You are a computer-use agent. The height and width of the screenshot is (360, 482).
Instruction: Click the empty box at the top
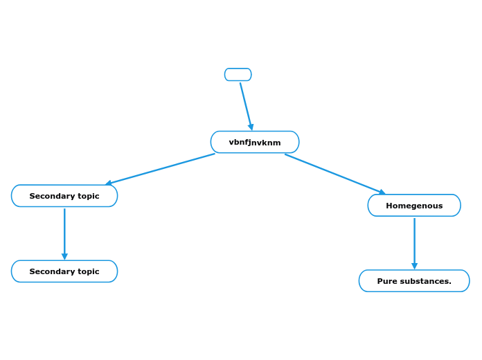point(238,74)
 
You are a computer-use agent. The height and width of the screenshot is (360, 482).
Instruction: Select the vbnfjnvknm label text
point(255,143)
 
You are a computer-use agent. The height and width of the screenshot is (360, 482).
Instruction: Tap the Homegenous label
point(414,206)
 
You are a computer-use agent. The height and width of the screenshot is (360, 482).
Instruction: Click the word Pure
point(388,281)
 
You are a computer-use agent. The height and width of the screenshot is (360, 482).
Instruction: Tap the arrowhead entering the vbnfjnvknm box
point(251,127)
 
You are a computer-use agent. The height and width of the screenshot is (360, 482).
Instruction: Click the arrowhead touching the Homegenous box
point(382,192)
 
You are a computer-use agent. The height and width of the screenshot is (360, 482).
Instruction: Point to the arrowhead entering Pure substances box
point(414,266)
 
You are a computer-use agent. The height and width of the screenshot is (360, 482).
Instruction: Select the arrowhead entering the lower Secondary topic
point(64,257)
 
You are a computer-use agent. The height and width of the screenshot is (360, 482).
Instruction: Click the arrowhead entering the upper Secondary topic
point(109,183)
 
